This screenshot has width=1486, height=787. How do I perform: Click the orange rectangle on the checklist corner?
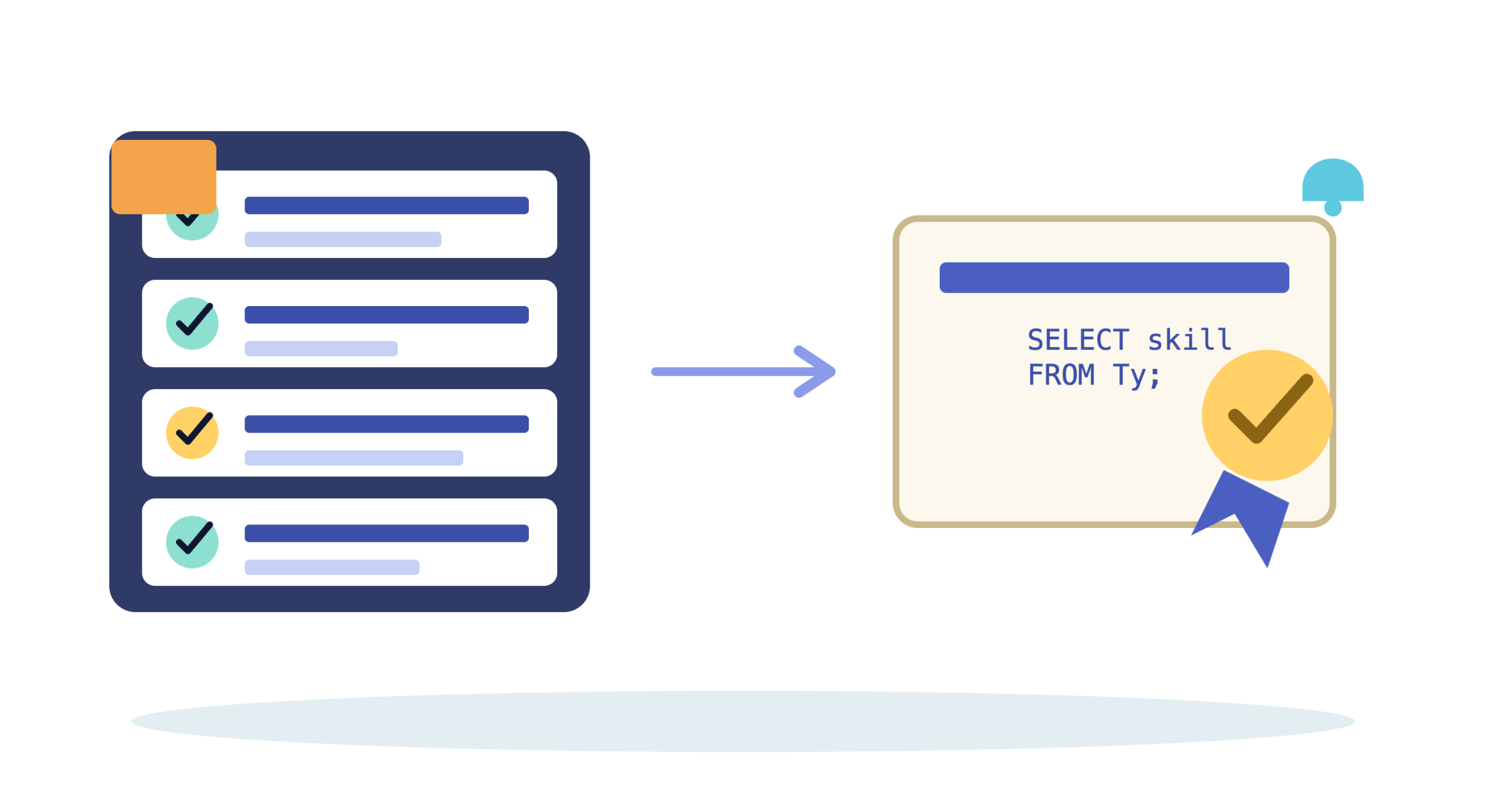(164, 177)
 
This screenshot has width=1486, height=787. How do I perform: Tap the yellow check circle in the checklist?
(192, 433)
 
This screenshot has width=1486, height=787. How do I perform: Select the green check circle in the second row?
(192, 324)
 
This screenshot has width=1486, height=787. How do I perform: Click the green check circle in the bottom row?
(192, 542)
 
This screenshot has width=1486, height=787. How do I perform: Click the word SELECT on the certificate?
(1078, 340)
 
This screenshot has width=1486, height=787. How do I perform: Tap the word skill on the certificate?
(1189, 340)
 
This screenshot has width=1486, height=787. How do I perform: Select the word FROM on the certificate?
(1061, 375)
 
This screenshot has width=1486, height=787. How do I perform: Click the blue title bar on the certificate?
(1114, 278)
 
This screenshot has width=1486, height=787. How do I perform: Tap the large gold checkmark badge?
(1267, 415)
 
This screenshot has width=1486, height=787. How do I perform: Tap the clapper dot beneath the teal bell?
(1333, 208)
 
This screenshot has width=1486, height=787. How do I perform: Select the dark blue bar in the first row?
(387, 206)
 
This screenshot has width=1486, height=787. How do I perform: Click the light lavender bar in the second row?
(321, 348)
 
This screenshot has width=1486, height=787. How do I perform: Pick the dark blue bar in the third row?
(387, 424)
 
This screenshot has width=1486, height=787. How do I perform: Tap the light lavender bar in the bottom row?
(332, 567)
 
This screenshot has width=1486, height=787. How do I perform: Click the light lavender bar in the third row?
(354, 458)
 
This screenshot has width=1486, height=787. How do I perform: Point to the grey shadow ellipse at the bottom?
(742, 721)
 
